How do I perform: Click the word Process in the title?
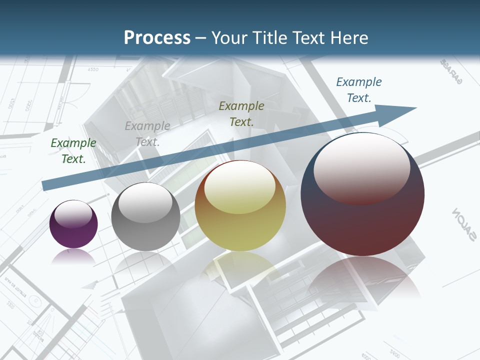pos(157,37)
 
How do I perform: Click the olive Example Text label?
pos(241,113)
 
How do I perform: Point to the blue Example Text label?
pos(359,90)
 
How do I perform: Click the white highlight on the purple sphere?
pos(73,214)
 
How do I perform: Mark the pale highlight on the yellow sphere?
pos(239,188)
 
